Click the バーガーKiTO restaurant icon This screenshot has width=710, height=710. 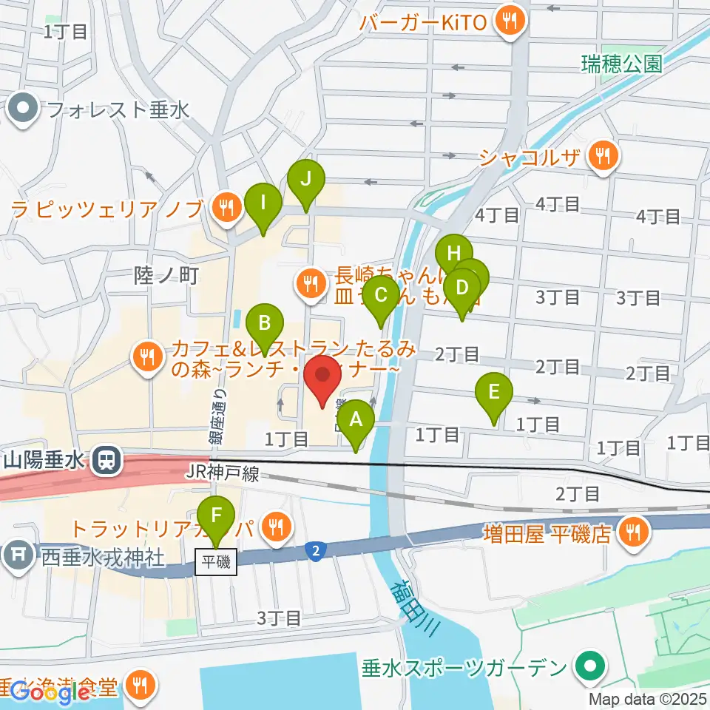point(509,21)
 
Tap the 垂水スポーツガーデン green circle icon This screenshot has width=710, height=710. point(589,667)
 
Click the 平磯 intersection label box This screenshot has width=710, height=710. point(217,562)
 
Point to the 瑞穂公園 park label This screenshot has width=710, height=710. point(621,64)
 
